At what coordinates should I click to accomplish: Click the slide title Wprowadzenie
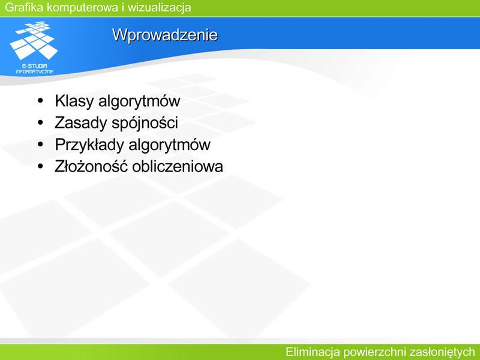(165, 35)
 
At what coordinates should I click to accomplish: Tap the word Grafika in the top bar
(24, 7)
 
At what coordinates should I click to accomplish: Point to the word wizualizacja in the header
(159, 8)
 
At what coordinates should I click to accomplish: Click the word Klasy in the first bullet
(74, 101)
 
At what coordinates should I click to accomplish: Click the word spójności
(145, 123)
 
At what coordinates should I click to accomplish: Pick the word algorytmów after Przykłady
(169, 145)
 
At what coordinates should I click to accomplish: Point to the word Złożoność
(91, 166)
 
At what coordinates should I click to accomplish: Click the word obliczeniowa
(178, 167)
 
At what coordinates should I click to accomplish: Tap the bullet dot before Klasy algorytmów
(40, 101)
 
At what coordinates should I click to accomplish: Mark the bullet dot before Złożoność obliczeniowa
(40, 167)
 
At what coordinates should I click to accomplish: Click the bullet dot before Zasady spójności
(40, 123)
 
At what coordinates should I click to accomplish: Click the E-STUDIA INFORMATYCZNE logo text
(35, 69)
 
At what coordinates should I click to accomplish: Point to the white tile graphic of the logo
(34, 40)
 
